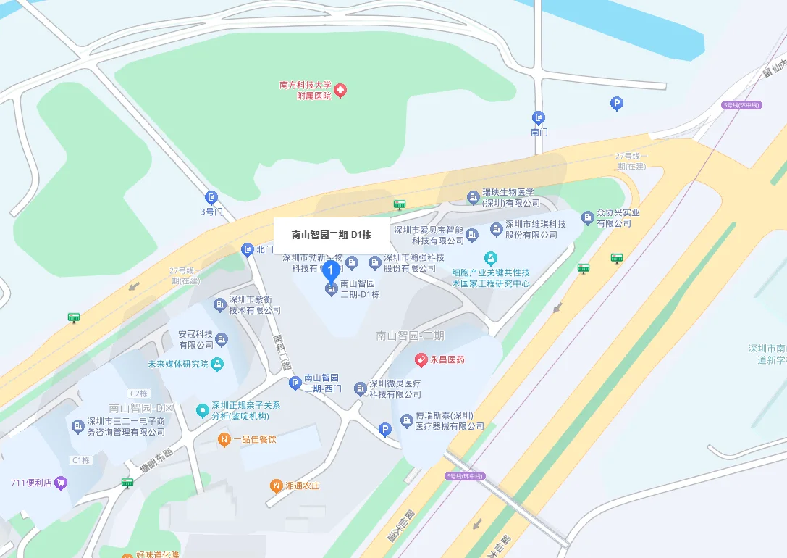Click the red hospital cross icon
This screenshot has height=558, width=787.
[x=340, y=90]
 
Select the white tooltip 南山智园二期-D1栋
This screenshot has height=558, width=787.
[x=331, y=235]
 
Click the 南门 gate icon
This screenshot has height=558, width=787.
[x=538, y=117]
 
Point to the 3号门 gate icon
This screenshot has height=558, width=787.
[x=211, y=197]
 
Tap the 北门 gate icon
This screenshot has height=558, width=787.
[x=247, y=250]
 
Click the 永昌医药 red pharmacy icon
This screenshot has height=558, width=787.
[x=421, y=359]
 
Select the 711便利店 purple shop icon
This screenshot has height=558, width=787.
[x=61, y=483]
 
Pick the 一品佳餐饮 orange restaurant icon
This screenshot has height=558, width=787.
[x=224, y=439]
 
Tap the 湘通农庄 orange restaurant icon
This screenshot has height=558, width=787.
[x=275, y=486]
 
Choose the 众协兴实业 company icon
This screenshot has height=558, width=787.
[x=587, y=217]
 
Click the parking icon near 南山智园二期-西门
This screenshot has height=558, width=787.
[x=385, y=430]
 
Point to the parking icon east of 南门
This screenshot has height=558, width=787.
[x=616, y=104]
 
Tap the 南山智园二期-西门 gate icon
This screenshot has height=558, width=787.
[x=295, y=383]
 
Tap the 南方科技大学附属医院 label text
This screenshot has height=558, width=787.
[x=305, y=90]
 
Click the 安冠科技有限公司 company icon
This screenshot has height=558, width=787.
[x=222, y=339]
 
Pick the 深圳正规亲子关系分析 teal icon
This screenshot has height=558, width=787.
[x=202, y=411]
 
